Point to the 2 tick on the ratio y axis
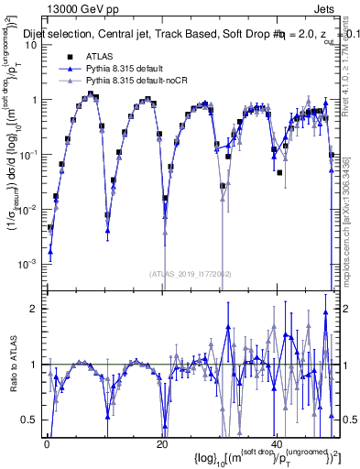(36, 309)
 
